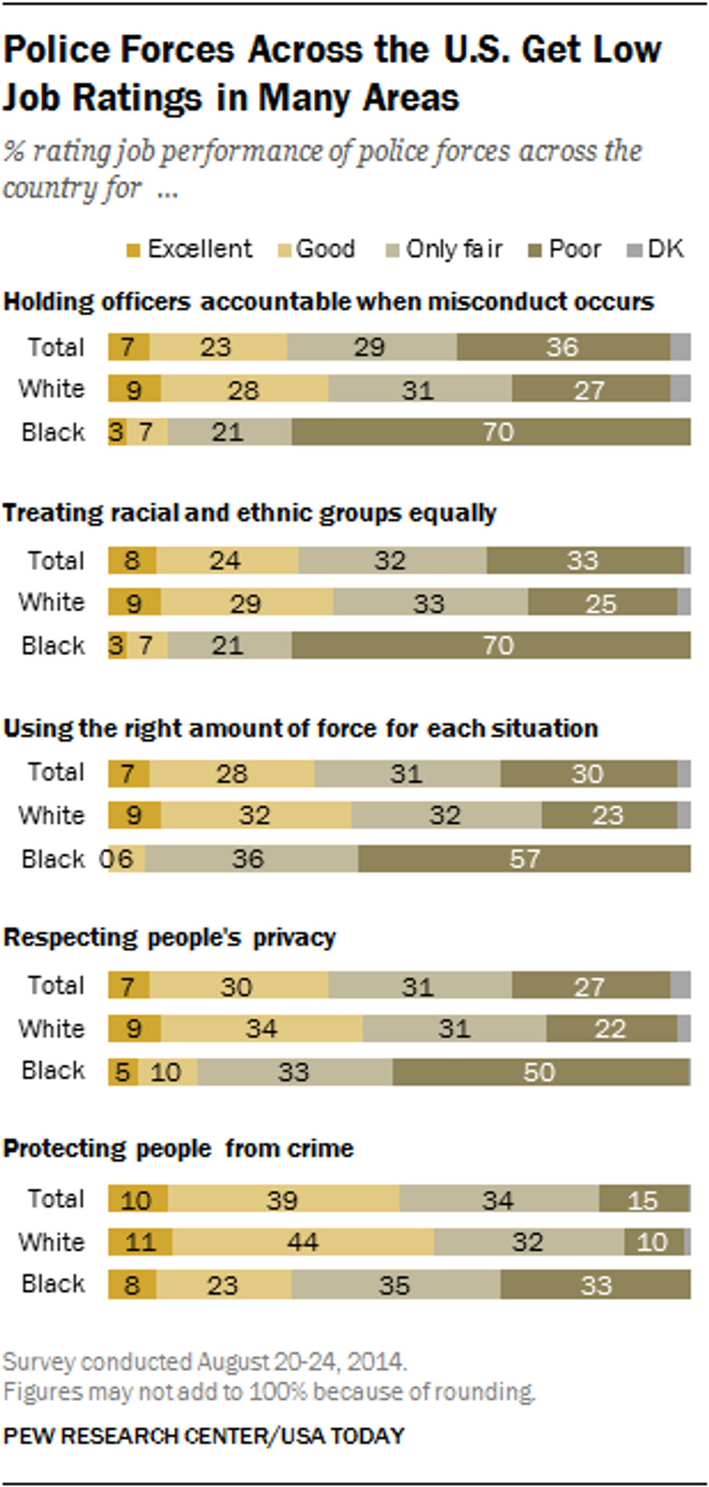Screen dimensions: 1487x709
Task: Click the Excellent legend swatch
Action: (x=132, y=250)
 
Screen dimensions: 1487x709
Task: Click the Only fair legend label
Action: (x=454, y=249)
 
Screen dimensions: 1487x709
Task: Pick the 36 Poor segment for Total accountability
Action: (x=563, y=347)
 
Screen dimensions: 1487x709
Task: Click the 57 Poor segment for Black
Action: (x=524, y=859)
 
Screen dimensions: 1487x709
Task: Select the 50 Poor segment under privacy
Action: (x=540, y=1072)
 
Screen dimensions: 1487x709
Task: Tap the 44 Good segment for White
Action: (x=302, y=1242)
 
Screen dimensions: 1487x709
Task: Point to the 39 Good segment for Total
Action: (x=282, y=1200)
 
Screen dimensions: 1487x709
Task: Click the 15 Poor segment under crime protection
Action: (x=643, y=1200)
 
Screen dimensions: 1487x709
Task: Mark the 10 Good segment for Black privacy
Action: (x=166, y=1072)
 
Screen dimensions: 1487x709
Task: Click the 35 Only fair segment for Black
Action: (x=395, y=1285)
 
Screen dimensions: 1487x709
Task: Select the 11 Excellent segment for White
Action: (x=140, y=1242)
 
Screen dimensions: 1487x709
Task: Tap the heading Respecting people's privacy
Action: (x=170, y=938)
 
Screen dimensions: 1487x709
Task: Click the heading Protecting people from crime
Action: (x=179, y=1148)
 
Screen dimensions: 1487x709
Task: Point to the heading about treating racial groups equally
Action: (x=250, y=513)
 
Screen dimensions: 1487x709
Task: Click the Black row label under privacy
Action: (x=54, y=1070)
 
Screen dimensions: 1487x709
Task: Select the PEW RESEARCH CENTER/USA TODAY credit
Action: (x=204, y=1436)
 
